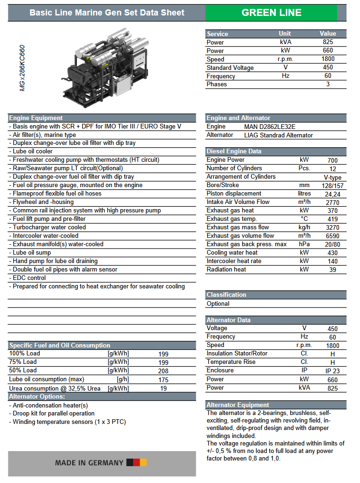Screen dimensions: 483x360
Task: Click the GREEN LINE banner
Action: pos(271,13)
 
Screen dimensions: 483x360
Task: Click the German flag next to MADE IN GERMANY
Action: pos(137,463)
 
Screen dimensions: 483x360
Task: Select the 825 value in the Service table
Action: pos(328,42)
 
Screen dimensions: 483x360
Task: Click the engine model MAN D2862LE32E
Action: pos(270,127)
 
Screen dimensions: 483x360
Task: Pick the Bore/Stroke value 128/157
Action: pos(332,185)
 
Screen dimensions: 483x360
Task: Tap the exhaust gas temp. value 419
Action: pos(332,219)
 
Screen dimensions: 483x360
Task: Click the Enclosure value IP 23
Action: pos(332,371)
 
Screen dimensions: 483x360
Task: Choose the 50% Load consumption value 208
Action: pos(163,370)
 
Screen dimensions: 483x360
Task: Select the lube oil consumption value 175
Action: pos(163,379)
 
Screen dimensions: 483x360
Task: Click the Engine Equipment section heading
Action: pos(36,118)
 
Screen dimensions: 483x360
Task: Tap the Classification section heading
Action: pos(226,294)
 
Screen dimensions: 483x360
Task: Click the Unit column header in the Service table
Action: pos(285,33)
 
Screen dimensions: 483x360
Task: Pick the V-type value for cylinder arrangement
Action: pos(332,177)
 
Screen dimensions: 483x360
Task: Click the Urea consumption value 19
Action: pos(163,388)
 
